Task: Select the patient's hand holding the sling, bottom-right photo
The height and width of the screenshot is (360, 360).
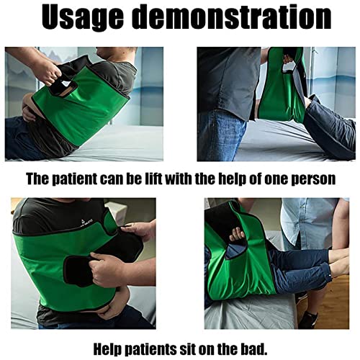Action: coord(237,235)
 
